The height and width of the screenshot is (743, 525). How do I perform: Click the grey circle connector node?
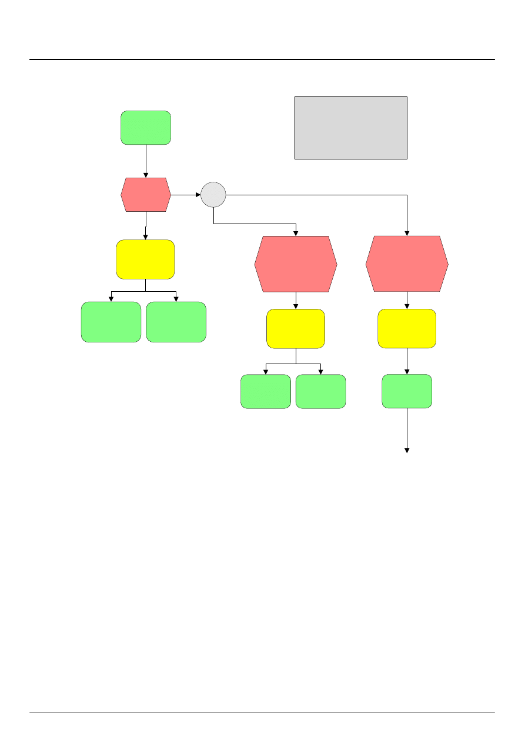click(x=213, y=195)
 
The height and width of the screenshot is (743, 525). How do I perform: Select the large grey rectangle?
click(x=350, y=128)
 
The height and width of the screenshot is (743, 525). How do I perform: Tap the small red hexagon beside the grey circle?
click(x=146, y=195)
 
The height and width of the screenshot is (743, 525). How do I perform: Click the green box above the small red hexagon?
click(x=146, y=128)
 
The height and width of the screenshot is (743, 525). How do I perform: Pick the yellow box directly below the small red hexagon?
click(x=145, y=259)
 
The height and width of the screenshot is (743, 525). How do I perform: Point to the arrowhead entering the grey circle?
click(x=198, y=194)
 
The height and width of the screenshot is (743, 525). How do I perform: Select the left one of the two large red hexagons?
click(x=296, y=264)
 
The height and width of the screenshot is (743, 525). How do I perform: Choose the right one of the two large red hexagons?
click(x=407, y=264)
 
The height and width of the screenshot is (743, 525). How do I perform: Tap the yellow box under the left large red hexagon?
click(x=296, y=328)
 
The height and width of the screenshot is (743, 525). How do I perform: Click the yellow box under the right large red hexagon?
click(x=407, y=328)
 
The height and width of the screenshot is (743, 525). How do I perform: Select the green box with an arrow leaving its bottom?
click(x=407, y=391)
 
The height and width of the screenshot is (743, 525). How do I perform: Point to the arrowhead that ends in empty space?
click(x=407, y=451)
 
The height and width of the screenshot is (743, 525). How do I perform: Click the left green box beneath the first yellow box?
click(x=111, y=322)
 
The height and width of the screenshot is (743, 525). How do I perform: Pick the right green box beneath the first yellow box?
click(x=176, y=322)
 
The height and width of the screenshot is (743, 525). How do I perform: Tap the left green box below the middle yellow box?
click(x=266, y=391)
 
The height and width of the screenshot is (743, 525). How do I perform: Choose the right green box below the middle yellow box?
click(x=320, y=391)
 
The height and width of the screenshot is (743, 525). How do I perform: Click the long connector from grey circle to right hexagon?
click(x=317, y=194)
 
